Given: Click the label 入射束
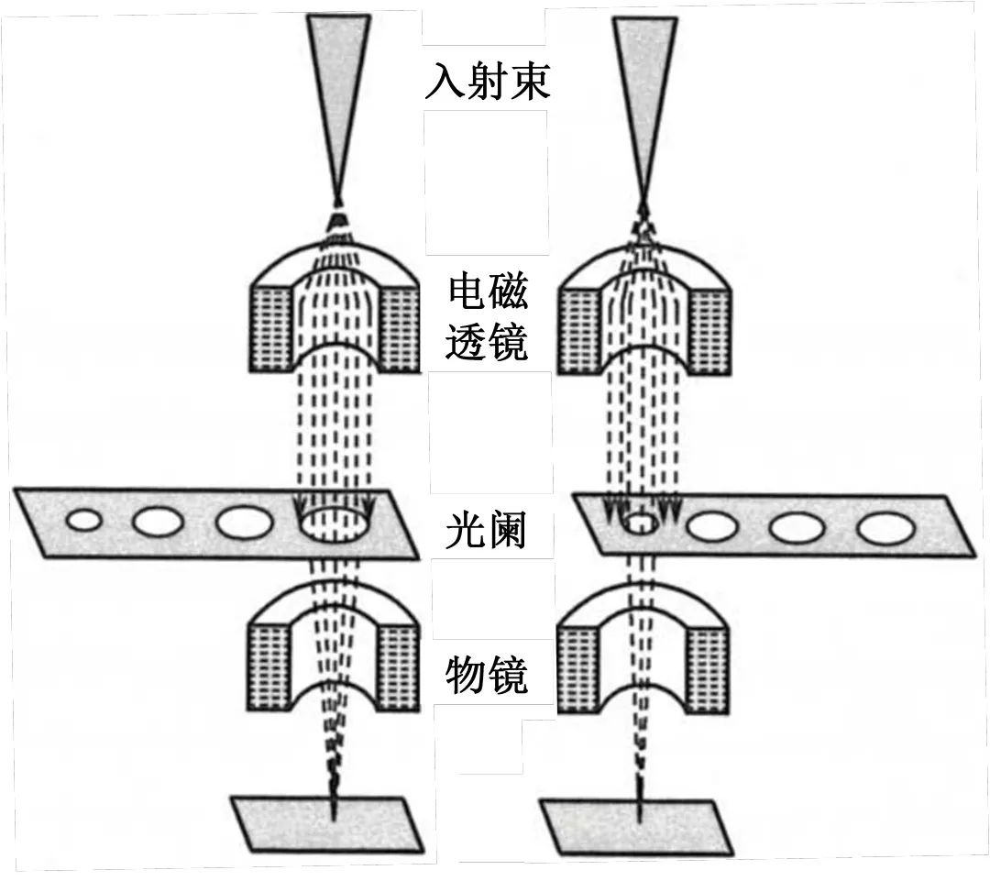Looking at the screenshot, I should click(x=487, y=81).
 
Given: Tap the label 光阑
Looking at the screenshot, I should click(x=486, y=530).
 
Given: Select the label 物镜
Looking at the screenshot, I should click(x=486, y=677).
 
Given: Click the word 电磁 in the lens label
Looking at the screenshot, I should click(x=488, y=293).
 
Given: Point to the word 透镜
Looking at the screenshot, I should click(x=486, y=344).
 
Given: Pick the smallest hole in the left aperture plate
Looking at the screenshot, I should click(x=83, y=521).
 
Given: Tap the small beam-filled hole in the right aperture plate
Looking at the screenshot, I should click(x=640, y=523).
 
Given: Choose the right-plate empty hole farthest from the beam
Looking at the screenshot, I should click(x=885, y=528).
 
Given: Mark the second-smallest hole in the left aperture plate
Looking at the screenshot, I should click(x=158, y=522).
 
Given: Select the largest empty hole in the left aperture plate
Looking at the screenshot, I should click(x=244, y=523).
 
